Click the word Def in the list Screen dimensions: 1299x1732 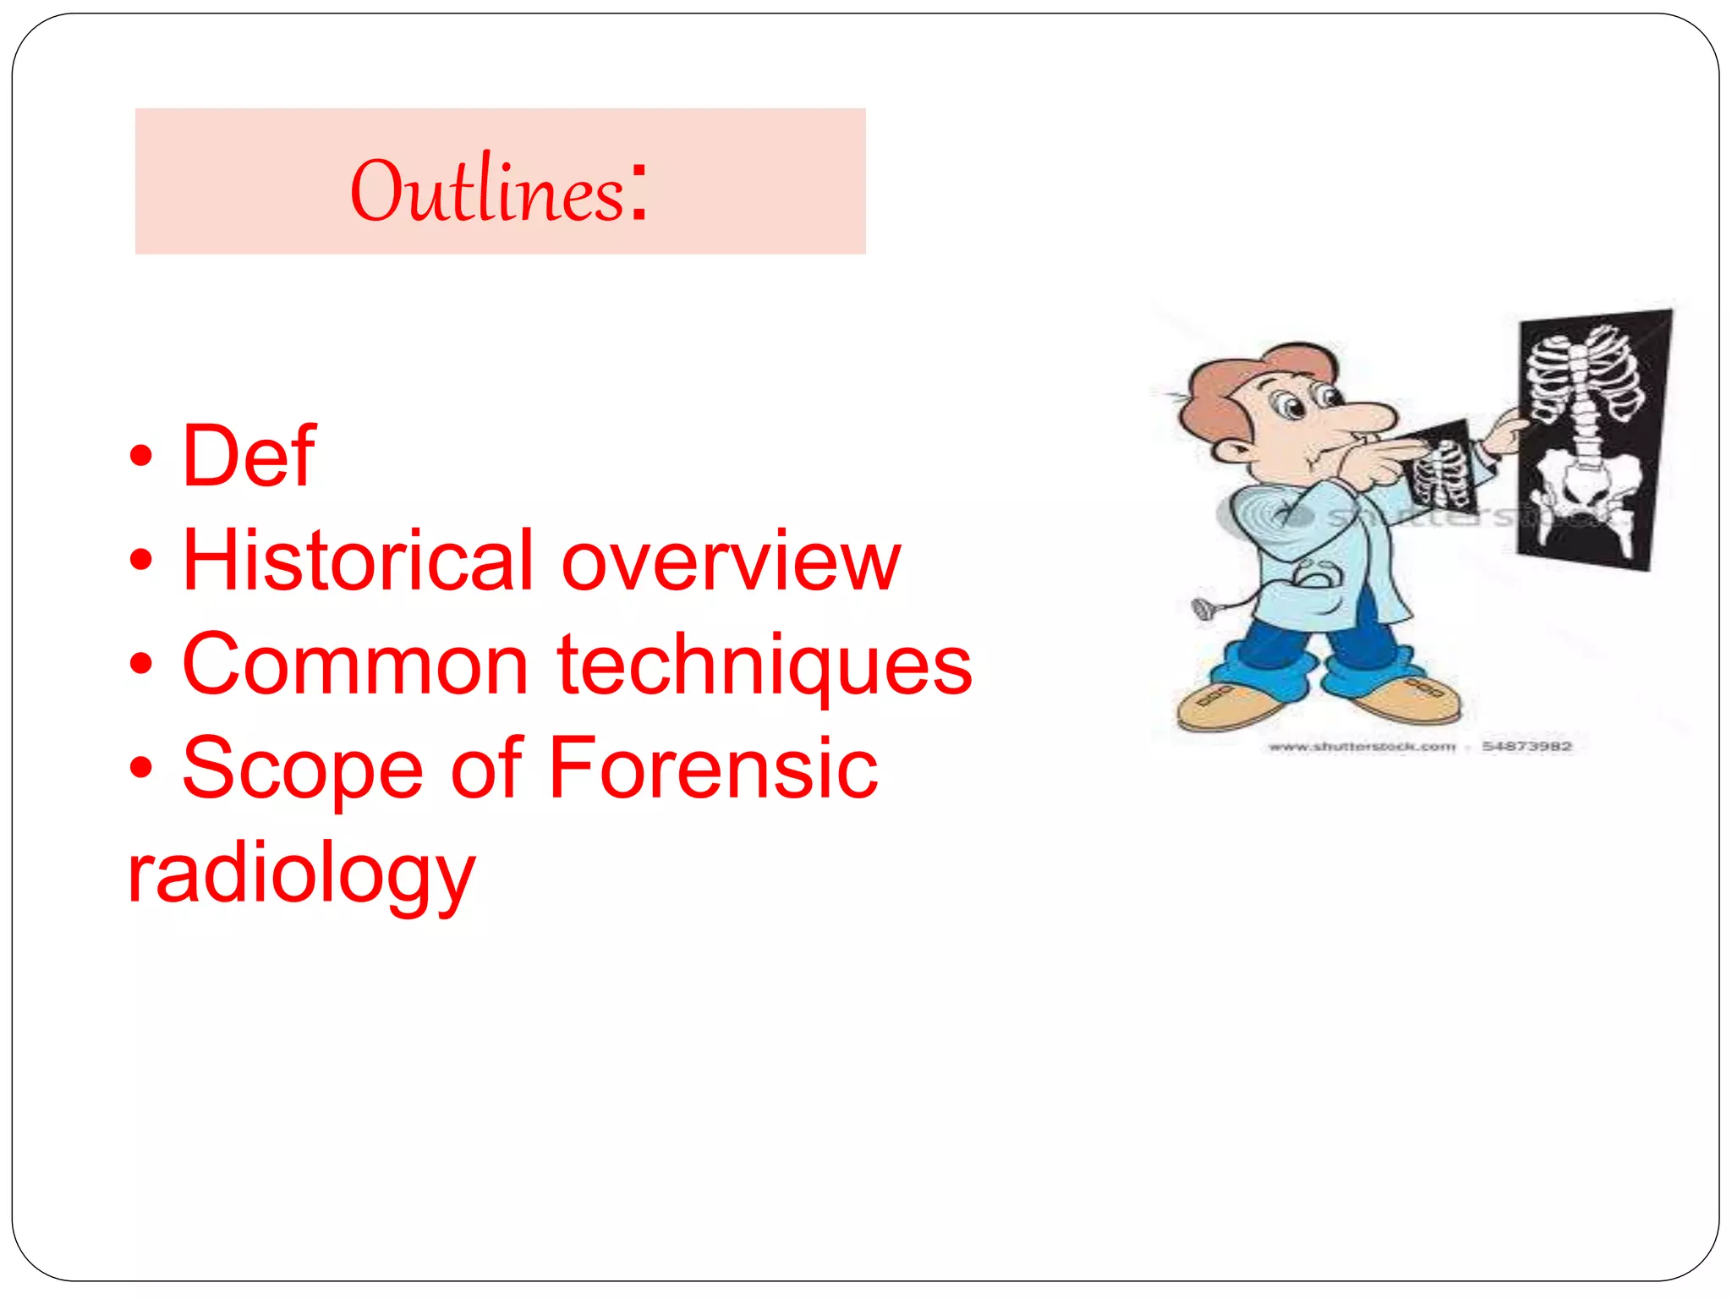tap(249, 457)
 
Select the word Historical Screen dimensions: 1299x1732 tap(359, 561)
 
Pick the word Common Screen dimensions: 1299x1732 tap(355, 666)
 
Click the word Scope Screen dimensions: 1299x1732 tap(302, 769)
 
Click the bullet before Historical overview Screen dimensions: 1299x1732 tap(141, 561)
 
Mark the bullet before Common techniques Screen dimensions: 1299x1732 tap(141, 665)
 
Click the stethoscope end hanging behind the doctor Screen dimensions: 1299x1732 tap(1201, 608)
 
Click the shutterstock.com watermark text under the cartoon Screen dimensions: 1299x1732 tap(1362, 747)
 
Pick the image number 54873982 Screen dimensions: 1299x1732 tap(1526, 747)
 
